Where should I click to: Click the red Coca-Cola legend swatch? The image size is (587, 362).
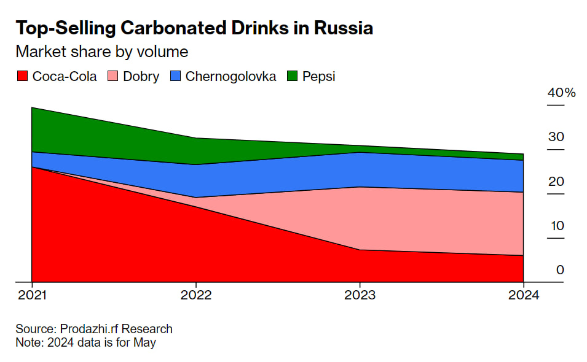[22, 77]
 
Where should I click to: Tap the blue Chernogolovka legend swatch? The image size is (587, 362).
[175, 77]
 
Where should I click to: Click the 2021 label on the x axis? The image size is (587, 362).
[31, 295]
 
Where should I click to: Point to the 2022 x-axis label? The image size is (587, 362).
[195, 295]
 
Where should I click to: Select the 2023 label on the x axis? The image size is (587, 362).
[360, 295]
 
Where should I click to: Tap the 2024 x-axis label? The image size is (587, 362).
[523, 295]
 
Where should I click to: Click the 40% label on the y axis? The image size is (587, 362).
[561, 93]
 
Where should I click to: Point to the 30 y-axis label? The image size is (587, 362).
[556, 137]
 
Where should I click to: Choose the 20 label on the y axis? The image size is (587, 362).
[556, 182]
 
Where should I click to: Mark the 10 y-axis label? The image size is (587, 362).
[556, 226]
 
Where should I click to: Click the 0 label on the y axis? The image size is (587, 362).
[560, 270]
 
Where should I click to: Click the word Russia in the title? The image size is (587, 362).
[342, 28]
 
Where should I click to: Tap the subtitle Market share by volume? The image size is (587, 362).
[101, 52]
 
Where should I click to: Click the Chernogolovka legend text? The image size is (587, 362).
[230, 77]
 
